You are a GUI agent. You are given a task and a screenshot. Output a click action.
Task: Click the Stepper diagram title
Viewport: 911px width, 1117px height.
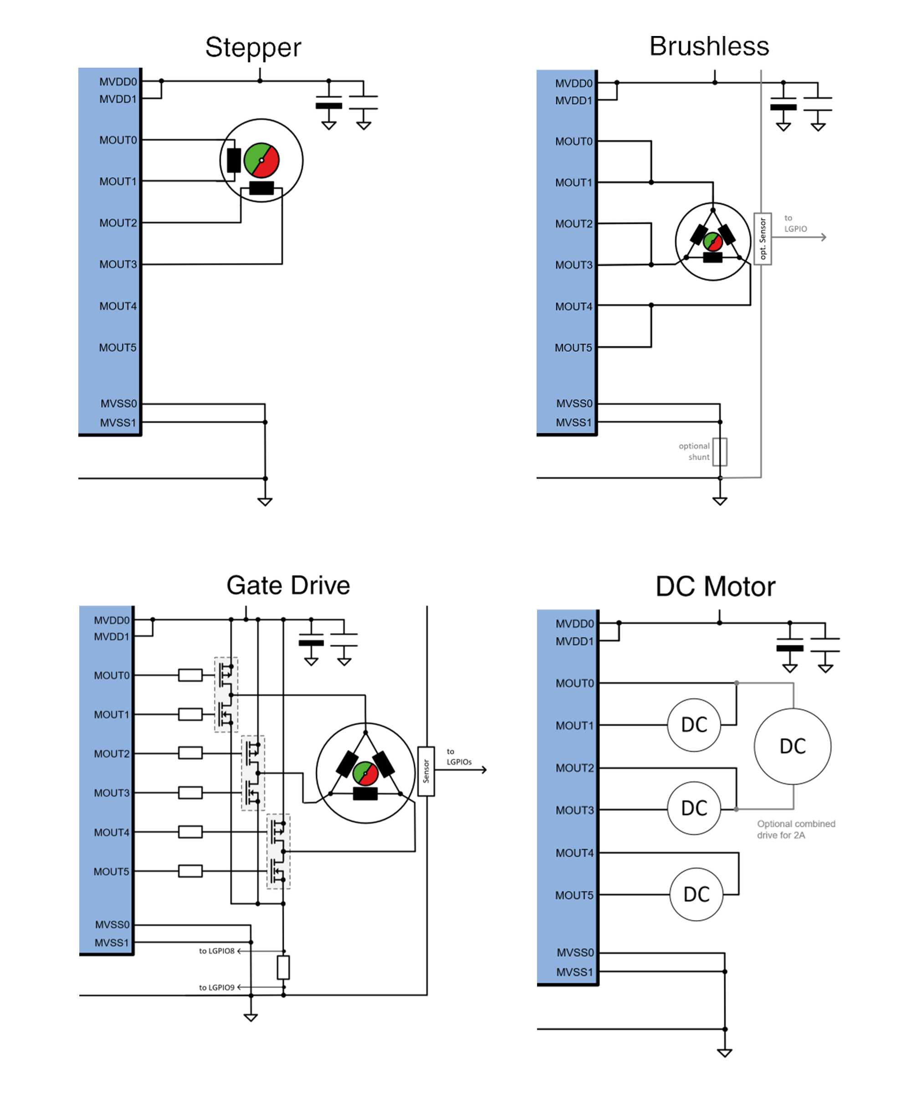[x=253, y=48]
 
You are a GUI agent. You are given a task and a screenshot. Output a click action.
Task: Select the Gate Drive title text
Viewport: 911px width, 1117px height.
[x=288, y=585]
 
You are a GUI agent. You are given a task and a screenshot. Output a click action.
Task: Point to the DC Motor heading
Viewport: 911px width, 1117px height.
[x=715, y=587]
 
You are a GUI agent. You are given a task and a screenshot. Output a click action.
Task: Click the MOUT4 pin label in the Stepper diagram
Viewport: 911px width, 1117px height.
[x=118, y=306]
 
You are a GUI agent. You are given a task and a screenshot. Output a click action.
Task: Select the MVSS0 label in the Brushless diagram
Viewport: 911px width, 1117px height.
[x=574, y=403]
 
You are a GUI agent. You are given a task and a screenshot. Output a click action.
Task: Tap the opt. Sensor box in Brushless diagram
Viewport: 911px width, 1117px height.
[x=763, y=239]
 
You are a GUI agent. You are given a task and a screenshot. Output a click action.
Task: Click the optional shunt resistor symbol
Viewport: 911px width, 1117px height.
[x=720, y=452]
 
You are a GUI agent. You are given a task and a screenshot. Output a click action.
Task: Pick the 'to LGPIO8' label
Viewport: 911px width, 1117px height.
[x=216, y=951]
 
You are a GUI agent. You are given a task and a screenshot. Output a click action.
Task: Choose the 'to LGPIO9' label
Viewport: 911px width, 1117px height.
[x=216, y=988]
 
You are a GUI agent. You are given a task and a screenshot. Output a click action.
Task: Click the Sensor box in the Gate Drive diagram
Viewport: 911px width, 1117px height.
[x=426, y=771]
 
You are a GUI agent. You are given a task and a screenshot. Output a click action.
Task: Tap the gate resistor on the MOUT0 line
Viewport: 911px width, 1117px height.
[x=190, y=675]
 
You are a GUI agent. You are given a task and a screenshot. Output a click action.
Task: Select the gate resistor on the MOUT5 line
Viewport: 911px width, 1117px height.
[x=190, y=871]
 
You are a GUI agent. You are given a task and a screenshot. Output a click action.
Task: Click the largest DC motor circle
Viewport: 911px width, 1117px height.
[x=793, y=746]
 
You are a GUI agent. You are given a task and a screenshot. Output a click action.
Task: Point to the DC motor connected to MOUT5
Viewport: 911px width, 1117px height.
[x=696, y=895]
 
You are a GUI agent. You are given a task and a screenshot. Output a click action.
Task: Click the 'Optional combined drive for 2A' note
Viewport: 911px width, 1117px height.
[x=796, y=829]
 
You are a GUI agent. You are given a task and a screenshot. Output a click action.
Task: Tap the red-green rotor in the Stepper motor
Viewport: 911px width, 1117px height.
[x=261, y=160]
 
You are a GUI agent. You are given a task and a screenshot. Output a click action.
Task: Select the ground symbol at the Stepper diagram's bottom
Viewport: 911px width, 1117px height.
[x=265, y=501]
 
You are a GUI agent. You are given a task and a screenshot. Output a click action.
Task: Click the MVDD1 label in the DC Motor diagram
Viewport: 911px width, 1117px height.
[x=575, y=641]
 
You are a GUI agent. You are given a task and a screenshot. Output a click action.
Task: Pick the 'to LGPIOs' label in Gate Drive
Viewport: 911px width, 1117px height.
[x=459, y=757]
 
